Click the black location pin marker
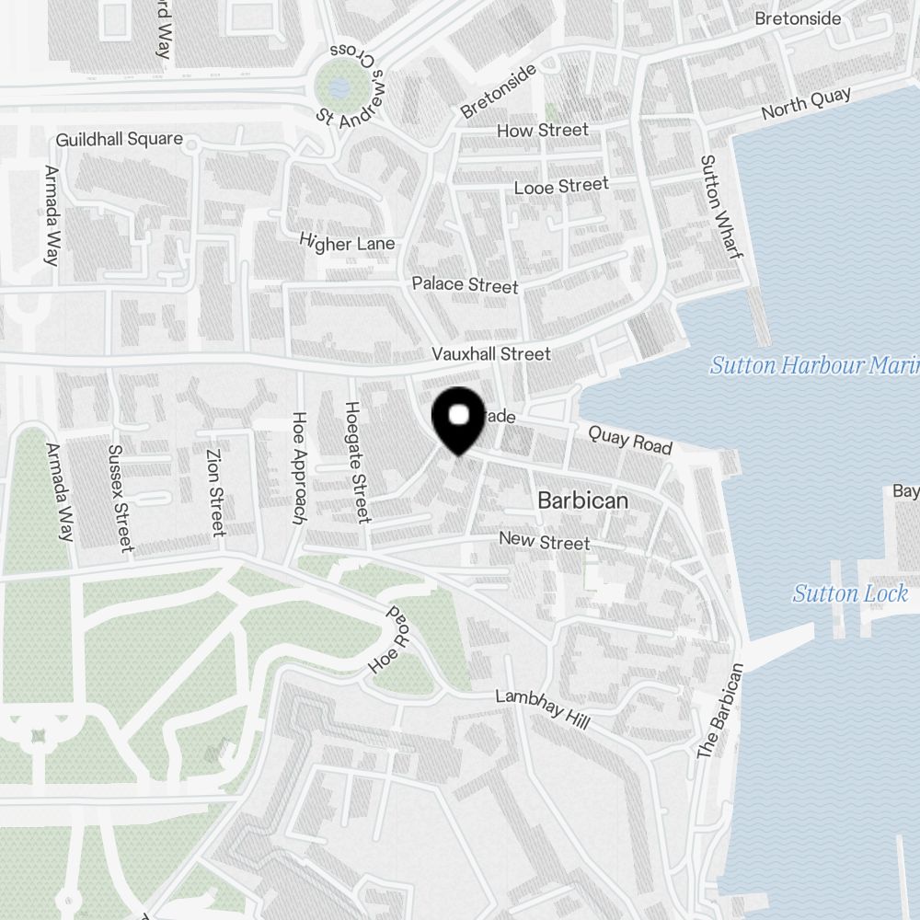[x=458, y=420]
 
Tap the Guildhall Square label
[x=119, y=141]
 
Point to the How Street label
[x=542, y=131]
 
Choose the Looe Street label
[x=561, y=187]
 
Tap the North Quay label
[x=806, y=105]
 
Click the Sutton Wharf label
[x=720, y=206]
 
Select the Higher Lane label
[x=347, y=243]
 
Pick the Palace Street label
[x=465, y=284]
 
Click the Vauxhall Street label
[x=492, y=354]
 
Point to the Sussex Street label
[x=121, y=499]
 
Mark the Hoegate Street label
[x=356, y=462]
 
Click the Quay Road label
[x=630, y=440]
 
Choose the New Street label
[x=544, y=541]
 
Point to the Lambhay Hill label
[x=542, y=709]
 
